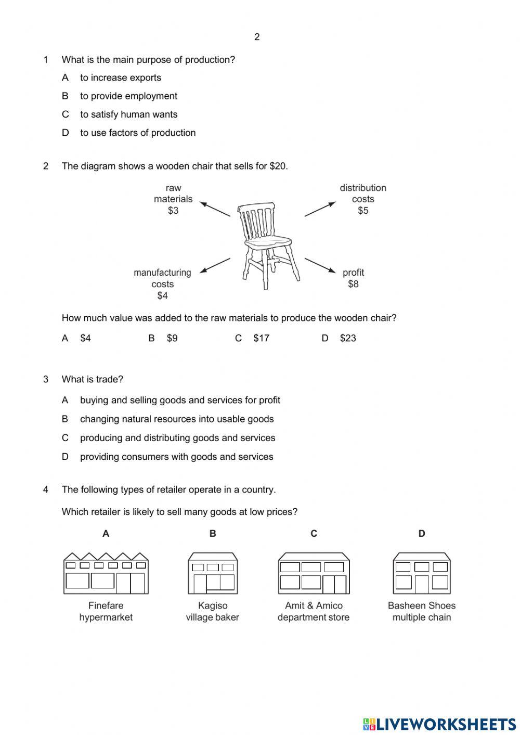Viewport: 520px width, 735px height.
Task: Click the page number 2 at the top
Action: pos(257,37)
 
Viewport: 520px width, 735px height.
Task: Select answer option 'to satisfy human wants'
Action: pos(128,114)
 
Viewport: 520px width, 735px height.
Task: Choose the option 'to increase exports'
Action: pos(120,78)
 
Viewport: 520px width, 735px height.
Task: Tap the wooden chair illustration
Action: pos(268,244)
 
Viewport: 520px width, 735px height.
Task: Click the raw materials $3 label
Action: pos(173,199)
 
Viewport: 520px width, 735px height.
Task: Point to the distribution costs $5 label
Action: pos(363,199)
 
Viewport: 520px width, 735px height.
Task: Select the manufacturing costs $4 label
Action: pos(162,284)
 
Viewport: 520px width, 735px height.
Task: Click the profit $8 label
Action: pos(353,278)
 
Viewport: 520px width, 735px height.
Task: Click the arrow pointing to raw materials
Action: pos(215,209)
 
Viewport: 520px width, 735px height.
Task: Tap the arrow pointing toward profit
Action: pos(320,265)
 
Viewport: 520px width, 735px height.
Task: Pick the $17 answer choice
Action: pos(261,338)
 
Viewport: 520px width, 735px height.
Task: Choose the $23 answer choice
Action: pos(348,338)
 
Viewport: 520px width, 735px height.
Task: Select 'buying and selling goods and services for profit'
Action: pos(180,400)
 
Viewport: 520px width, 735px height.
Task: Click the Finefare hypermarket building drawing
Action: pos(106,573)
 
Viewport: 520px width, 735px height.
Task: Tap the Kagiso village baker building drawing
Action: pos(213,573)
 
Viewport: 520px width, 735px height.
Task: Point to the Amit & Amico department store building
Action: pos(314,573)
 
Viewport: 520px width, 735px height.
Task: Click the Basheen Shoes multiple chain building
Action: pos(422,573)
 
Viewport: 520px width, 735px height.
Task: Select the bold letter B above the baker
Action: pos(213,533)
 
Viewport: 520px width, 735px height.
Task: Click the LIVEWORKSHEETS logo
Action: pos(439,724)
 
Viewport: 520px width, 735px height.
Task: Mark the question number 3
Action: pos(46,379)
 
